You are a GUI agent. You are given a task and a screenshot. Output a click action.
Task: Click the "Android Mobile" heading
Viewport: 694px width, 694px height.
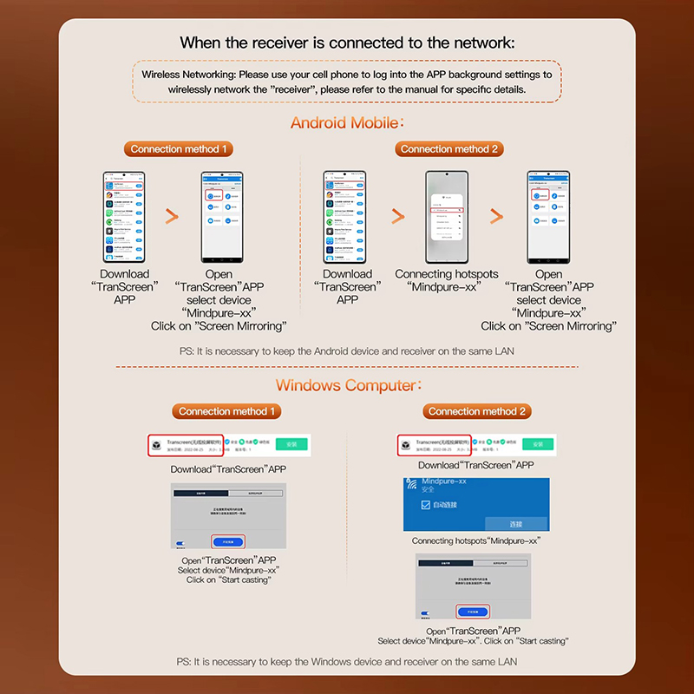click(x=347, y=122)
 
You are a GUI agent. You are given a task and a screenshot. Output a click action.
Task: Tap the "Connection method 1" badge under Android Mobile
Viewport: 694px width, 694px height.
click(x=179, y=149)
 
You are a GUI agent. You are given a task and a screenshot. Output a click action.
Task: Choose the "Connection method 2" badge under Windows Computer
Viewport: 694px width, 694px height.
click(x=476, y=411)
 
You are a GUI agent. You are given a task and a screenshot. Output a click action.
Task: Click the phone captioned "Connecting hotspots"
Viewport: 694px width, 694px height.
click(x=449, y=217)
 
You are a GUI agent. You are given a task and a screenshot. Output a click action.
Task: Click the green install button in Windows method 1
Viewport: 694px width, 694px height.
click(x=291, y=444)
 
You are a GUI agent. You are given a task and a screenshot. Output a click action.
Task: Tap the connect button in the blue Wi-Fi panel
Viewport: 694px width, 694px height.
click(x=516, y=524)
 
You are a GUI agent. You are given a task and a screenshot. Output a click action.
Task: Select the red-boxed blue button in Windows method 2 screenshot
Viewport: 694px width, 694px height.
click(x=473, y=611)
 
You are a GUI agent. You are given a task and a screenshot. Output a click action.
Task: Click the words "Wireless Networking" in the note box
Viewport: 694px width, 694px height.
click(x=188, y=75)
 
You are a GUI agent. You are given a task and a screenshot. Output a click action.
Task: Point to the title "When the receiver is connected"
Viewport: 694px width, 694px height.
click(x=347, y=43)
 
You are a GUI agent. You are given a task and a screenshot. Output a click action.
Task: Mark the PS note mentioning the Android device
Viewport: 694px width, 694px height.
click(x=347, y=350)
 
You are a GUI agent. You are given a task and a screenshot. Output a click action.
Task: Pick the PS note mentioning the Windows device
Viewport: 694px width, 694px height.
click(x=347, y=661)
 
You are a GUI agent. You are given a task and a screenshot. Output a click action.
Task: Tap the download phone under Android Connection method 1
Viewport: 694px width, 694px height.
click(x=124, y=217)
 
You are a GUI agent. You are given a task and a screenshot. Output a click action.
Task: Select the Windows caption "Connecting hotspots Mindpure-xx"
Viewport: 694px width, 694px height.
click(x=476, y=540)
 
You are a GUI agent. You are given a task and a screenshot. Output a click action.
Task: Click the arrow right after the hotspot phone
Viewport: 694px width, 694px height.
click(x=495, y=217)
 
